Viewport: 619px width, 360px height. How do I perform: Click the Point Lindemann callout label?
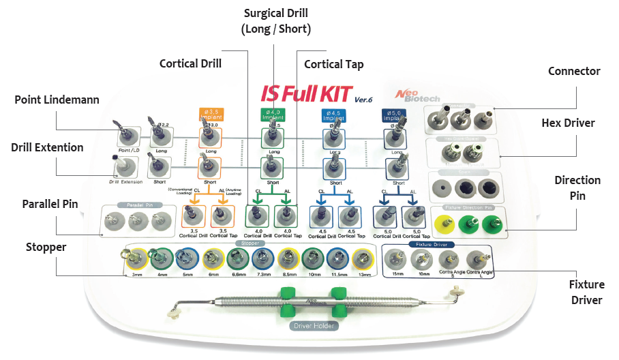(57, 100)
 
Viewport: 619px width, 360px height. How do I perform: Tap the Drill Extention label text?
(47, 147)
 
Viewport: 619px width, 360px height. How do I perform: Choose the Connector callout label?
(574, 72)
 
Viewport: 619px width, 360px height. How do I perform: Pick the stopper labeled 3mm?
(134, 259)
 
